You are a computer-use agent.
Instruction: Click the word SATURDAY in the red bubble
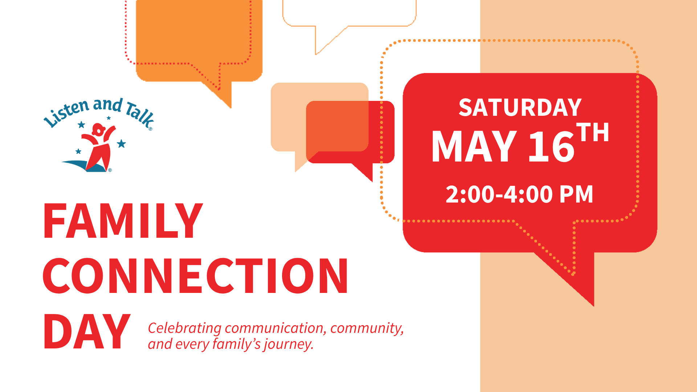[x=520, y=107]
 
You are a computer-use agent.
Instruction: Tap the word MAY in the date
[x=474, y=146]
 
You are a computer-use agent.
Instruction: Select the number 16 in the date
[x=551, y=146]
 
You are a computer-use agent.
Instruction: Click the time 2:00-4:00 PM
[x=519, y=194]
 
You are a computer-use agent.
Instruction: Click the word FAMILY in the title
[x=123, y=221]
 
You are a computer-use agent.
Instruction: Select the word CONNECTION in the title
[x=195, y=276]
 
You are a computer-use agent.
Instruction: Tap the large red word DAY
[x=86, y=331]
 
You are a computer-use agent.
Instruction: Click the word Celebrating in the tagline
[x=185, y=328]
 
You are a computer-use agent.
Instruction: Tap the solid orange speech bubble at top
[x=199, y=44]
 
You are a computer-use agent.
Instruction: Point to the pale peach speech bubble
[x=287, y=120]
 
